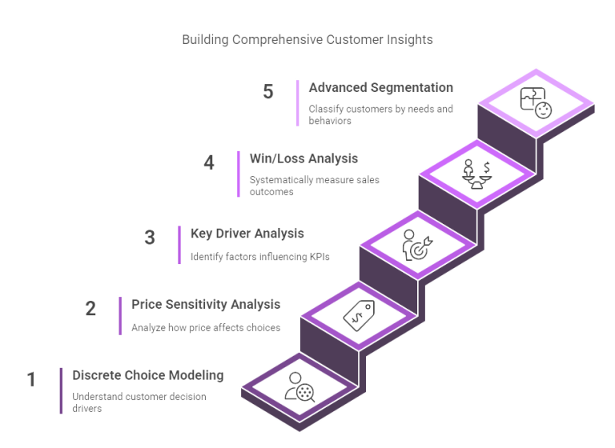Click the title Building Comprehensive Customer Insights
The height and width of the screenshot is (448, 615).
point(307,39)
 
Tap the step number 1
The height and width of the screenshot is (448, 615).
point(31,378)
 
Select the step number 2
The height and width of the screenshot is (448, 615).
point(90,308)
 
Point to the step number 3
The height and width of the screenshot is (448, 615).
point(150,238)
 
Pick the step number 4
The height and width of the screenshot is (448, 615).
point(209,162)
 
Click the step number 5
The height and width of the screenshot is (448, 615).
point(268,92)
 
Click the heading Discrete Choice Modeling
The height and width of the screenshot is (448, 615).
point(147,375)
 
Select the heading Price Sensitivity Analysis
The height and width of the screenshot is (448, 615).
point(206,304)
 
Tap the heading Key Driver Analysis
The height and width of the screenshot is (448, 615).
point(247,234)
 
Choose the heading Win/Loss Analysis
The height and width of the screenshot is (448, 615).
point(303,158)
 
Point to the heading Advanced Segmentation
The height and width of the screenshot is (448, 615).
point(381,87)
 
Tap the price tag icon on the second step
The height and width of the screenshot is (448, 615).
point(358,315)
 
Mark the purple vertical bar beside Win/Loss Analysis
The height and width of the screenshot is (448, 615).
point(238,174)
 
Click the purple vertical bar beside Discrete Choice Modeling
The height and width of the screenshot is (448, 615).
point(61,390)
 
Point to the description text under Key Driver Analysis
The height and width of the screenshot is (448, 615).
point(260,258)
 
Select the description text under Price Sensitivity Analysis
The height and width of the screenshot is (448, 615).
point(206,328)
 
